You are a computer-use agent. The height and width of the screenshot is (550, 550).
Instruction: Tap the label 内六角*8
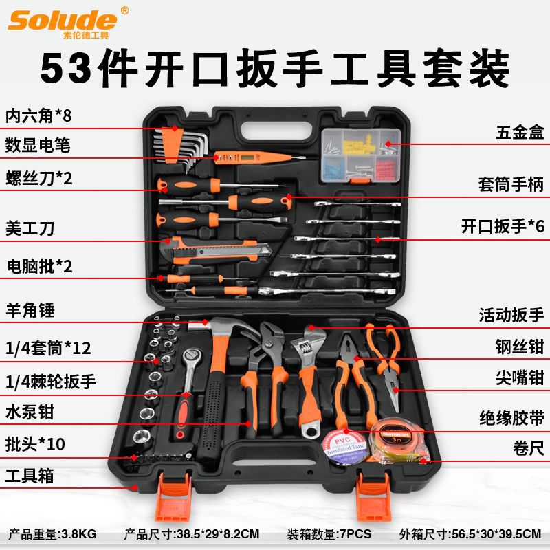click(x=38, y=115)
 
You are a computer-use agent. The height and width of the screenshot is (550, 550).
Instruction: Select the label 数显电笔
click(x=38, y=145)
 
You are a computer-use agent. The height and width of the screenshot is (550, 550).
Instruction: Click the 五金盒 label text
click(x=520, y=132)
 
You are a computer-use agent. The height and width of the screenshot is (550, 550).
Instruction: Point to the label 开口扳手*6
click(x=503, y=226)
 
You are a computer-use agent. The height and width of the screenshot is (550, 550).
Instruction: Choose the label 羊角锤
click(x=30, y=310)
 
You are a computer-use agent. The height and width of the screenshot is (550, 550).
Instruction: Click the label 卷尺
click(x=528, y=448)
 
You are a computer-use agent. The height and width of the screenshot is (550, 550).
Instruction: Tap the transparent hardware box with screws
click(x=361, y=155)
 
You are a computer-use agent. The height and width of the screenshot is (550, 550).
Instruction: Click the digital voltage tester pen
click(x=260, y=158)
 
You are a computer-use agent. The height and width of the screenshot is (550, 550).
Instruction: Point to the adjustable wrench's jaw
click(x=308, y=342)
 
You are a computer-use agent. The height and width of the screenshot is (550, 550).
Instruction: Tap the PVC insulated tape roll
click(x=344, y=448)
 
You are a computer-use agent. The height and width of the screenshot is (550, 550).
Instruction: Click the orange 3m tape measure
click(x=398, y=441)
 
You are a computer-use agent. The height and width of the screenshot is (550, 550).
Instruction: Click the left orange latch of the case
click(x=174, y=497)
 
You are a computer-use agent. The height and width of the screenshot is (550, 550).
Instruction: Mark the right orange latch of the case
click(x=373, y=497)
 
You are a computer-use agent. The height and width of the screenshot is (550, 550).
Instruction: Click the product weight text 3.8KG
click(x=79, y=534)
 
